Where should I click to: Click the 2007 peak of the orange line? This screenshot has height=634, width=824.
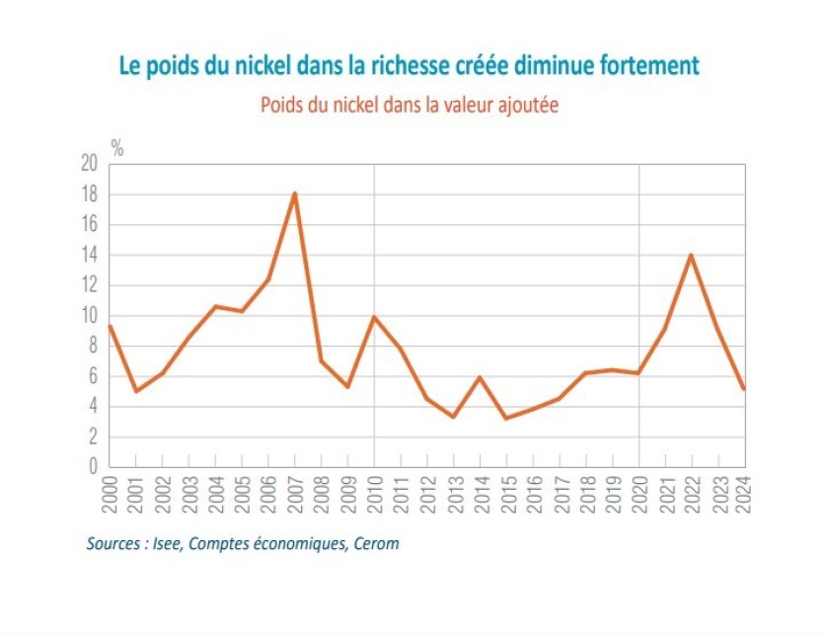click(294, 194)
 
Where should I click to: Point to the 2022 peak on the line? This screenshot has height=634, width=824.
click(692, 255)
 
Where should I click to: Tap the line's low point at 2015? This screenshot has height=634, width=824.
click(506, 418)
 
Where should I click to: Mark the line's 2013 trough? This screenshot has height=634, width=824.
click(453, 417)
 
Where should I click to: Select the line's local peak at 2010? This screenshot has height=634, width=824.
click(374, 317)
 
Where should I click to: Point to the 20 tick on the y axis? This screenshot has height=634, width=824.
click(90, 165)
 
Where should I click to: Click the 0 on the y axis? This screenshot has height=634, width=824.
click(95, 467)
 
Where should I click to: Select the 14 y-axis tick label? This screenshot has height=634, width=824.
click(90, 256)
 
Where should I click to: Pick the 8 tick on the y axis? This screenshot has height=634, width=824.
click(95, 346)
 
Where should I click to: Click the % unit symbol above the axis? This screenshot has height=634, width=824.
click(116, 149)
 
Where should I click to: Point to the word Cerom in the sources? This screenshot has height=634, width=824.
click(377, 543)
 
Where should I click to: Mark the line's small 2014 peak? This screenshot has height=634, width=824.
click(480, 377)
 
